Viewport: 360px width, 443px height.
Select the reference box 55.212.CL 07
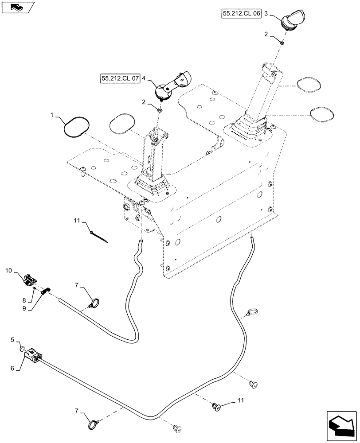(x=120, y=79)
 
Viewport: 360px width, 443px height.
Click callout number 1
(x=52, y=115)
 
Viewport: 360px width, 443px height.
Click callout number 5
(x=14, y=340)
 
